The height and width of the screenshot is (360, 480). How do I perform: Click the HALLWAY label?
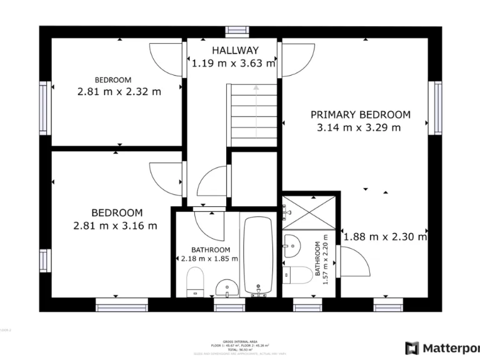[x=234, y=50]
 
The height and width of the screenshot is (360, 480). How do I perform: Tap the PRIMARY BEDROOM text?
[x=361, y=114]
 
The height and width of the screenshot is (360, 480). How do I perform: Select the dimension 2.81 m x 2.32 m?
[x=119, y=91]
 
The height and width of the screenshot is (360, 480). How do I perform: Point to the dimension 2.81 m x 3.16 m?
[x=115, y=226]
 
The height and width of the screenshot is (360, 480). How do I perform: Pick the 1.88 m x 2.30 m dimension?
[x=385, y=237]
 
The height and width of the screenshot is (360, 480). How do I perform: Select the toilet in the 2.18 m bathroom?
[x=195, y=281]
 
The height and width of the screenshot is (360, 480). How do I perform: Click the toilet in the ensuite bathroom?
[x=298, y=275]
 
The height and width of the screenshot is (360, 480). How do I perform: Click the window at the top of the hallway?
[x=236, y=29]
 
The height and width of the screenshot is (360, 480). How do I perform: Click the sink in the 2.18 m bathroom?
[x=226, y=288]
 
